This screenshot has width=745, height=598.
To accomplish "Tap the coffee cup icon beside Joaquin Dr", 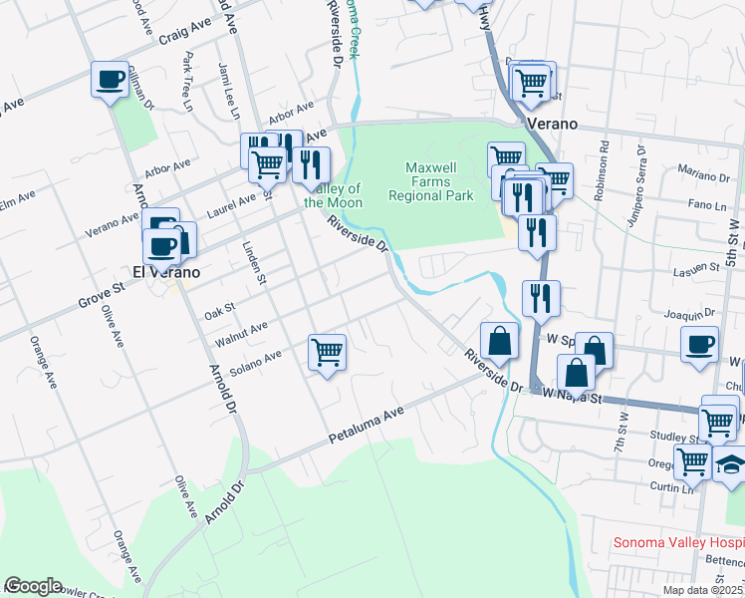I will tap(699, 343).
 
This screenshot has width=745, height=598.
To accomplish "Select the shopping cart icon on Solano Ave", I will tap(328, 352).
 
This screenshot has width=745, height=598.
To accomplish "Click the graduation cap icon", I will tap(731, 464).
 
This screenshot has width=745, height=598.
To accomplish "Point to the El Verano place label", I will tap(166, 271).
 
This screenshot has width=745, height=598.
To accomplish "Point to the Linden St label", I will tap(255, 260).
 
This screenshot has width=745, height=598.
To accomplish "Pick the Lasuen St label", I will tap(698, 267).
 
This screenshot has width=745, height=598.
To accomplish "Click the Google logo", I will tap(33, 586).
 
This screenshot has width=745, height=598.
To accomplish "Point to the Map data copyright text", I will tap(703, 590).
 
